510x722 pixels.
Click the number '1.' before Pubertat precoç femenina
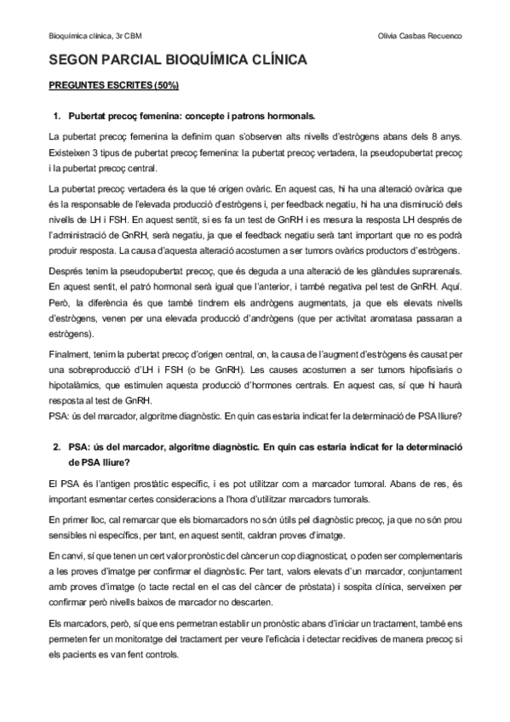pos(58,115)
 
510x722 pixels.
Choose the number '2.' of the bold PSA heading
pos(58,445)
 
